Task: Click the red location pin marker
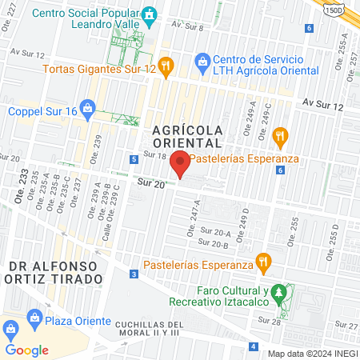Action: [180, 163]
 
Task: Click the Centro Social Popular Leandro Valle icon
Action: [148, 15]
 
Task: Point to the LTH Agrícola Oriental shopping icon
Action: [202, 60]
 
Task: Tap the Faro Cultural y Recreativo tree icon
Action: [278, 293]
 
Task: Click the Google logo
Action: [26, 350]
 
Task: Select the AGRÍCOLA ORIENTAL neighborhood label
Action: [186, 134]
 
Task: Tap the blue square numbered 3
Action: [133, 274]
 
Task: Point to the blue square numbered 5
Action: [132, 159]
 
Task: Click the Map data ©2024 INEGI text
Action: [312, 353]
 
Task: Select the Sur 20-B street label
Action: [214, 244]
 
